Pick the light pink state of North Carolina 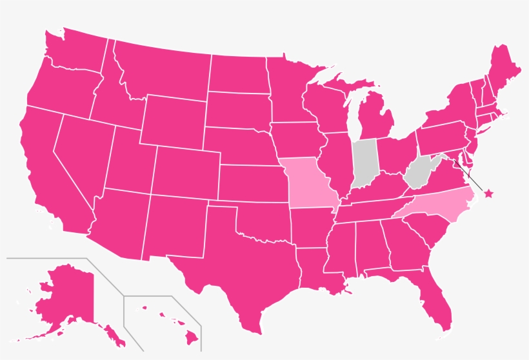434,205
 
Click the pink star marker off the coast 488,193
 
